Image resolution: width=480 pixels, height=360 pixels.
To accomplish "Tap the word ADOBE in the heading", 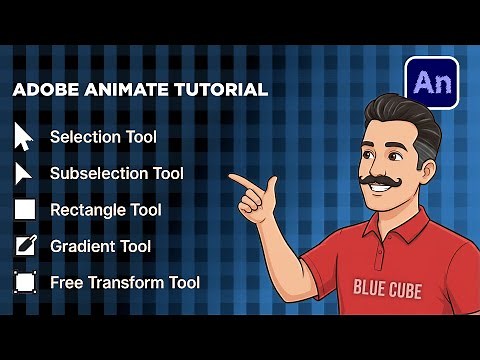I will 43,90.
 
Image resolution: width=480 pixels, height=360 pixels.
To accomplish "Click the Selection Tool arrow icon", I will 24,136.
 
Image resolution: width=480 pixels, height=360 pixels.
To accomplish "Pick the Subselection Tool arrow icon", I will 24,173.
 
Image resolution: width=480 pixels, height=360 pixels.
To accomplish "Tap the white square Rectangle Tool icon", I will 25,210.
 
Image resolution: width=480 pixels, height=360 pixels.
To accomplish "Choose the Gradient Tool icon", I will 25,246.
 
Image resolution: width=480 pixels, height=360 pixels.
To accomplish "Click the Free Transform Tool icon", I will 25,282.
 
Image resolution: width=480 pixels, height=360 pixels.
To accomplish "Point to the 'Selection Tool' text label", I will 103,136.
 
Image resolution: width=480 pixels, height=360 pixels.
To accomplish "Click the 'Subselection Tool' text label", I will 117,173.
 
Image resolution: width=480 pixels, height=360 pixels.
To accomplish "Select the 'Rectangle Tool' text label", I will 106,210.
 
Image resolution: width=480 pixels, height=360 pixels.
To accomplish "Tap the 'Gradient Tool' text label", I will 101,246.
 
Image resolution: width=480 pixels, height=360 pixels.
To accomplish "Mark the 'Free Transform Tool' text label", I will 125,282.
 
